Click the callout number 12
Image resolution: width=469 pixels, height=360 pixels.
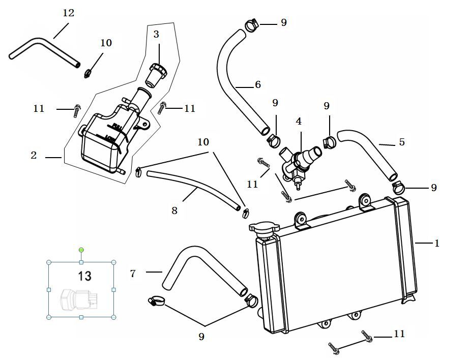(x=68, y=13)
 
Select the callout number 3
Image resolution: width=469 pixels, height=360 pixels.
(x=156, y=34)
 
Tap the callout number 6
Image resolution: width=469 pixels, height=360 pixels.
(x=258, y=84)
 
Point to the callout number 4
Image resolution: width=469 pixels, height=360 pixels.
(x=299, y=122)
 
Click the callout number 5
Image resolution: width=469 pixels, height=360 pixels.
(x=402, y=142)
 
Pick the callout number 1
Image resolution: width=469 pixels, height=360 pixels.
(x=436, y=243)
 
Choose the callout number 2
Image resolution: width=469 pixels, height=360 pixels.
(x=34, y=155)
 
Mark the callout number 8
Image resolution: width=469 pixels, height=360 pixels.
(x=174, y=210)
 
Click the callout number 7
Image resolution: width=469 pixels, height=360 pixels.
(x=133, y=273)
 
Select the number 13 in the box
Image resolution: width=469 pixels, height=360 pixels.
(x=84, y=276)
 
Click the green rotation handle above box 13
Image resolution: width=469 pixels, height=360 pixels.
(x=81, y=250)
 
